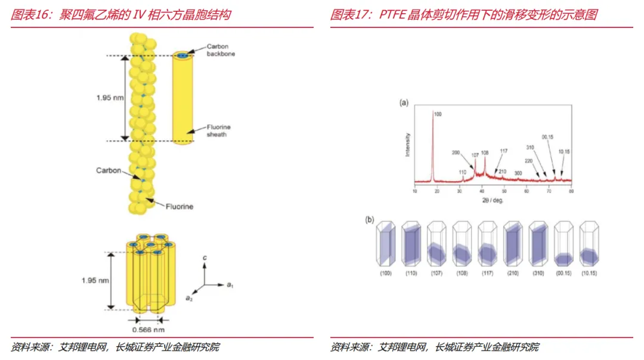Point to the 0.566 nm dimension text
click(x=148, y=330)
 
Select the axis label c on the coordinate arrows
click(x=205, y=257)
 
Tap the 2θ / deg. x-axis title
click(x=492, y=200)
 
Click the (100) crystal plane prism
click(x=385, y=244)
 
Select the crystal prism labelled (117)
click(x=487, y=244)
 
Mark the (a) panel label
click(x=404, y=103)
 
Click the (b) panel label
click(x=370, y=219)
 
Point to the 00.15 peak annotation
click(x=548, y=138)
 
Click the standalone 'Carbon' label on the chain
click(x=109, y=171)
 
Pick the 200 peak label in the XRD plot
click(x=456, y=153)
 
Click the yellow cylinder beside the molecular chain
click(x=182, y=98)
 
